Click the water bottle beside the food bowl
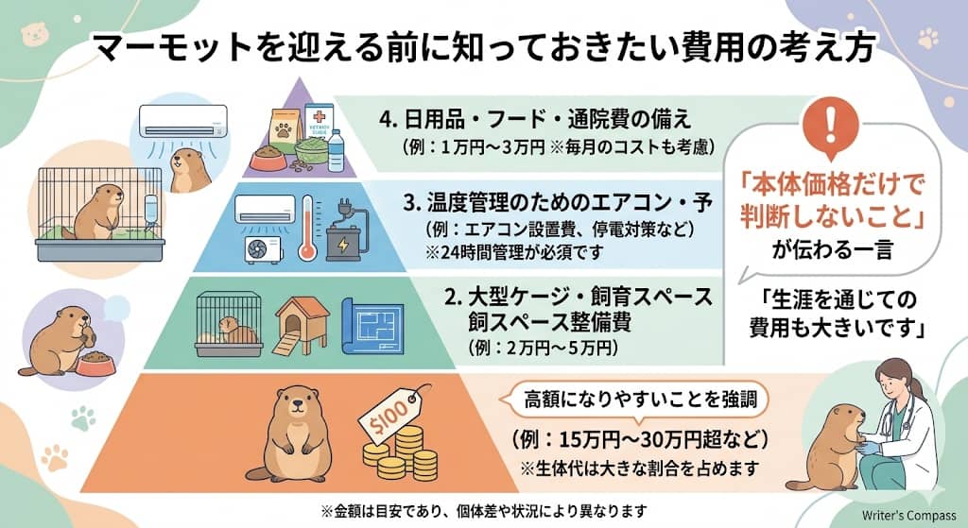tap(336, 149)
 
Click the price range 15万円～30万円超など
tap(638, 439)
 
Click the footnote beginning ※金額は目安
tap(482, 510)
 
